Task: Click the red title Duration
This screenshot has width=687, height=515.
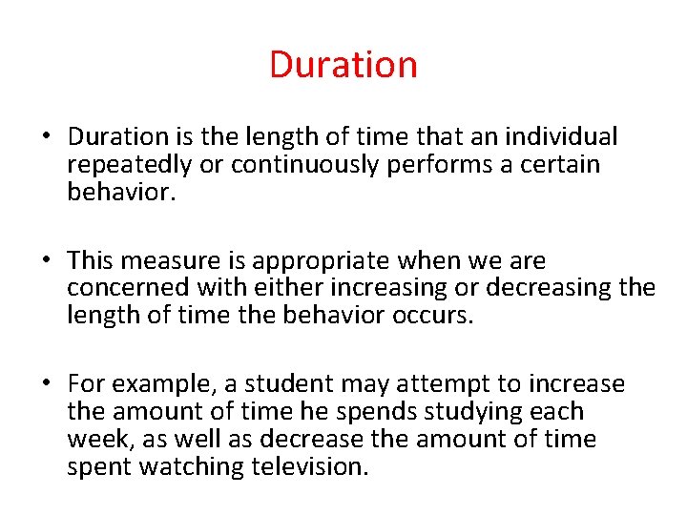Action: coord(343,65)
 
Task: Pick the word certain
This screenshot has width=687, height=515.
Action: coord(564,164)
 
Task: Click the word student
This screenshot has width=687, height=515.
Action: coord(285,383)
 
